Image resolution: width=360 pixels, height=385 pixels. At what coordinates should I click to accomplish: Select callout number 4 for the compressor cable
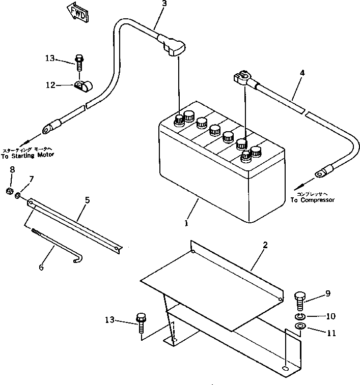point(302,73)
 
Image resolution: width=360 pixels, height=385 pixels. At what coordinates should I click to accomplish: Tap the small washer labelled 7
point(18,194)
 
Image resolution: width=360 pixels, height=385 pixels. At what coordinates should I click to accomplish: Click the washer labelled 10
point(300,316)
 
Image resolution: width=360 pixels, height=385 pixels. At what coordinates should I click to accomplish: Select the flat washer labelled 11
point(300,327)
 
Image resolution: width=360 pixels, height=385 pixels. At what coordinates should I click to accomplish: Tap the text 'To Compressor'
point(312,200)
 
